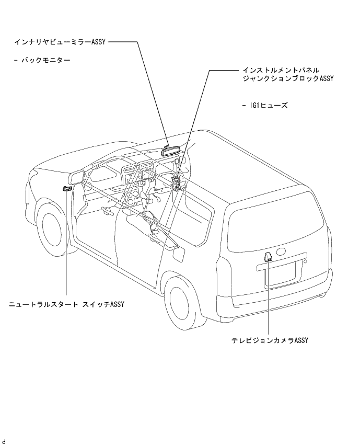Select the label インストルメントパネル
pos(281,70)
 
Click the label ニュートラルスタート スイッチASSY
pos(66,304)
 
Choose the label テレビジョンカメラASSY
pos(270,340)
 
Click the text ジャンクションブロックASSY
pos(288,78)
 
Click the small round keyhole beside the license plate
pos(306,261)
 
